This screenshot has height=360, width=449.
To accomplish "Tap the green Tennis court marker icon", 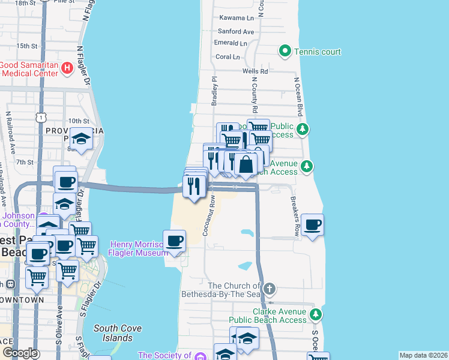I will click(285, 52).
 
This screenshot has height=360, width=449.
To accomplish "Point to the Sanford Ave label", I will click(237, 31).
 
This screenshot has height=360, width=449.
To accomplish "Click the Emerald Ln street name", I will click(231, 43).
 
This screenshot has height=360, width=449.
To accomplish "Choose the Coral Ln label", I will click(228, 57).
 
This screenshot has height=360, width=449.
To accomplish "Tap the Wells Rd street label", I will click(255, 71).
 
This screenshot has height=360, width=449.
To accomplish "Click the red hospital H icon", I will click(67, 69).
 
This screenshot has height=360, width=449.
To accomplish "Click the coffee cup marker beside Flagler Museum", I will click(175, 241).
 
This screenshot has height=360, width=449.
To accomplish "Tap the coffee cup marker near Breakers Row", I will click(312, 225).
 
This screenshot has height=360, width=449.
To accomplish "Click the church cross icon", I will click(270, 289).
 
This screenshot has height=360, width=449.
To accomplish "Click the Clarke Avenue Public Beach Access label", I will click(280, 316).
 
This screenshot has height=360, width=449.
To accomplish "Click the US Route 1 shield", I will click(40, 113).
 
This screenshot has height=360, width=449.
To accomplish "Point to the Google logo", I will click(20, 352).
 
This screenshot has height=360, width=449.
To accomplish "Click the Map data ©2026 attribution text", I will click(423, 355).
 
